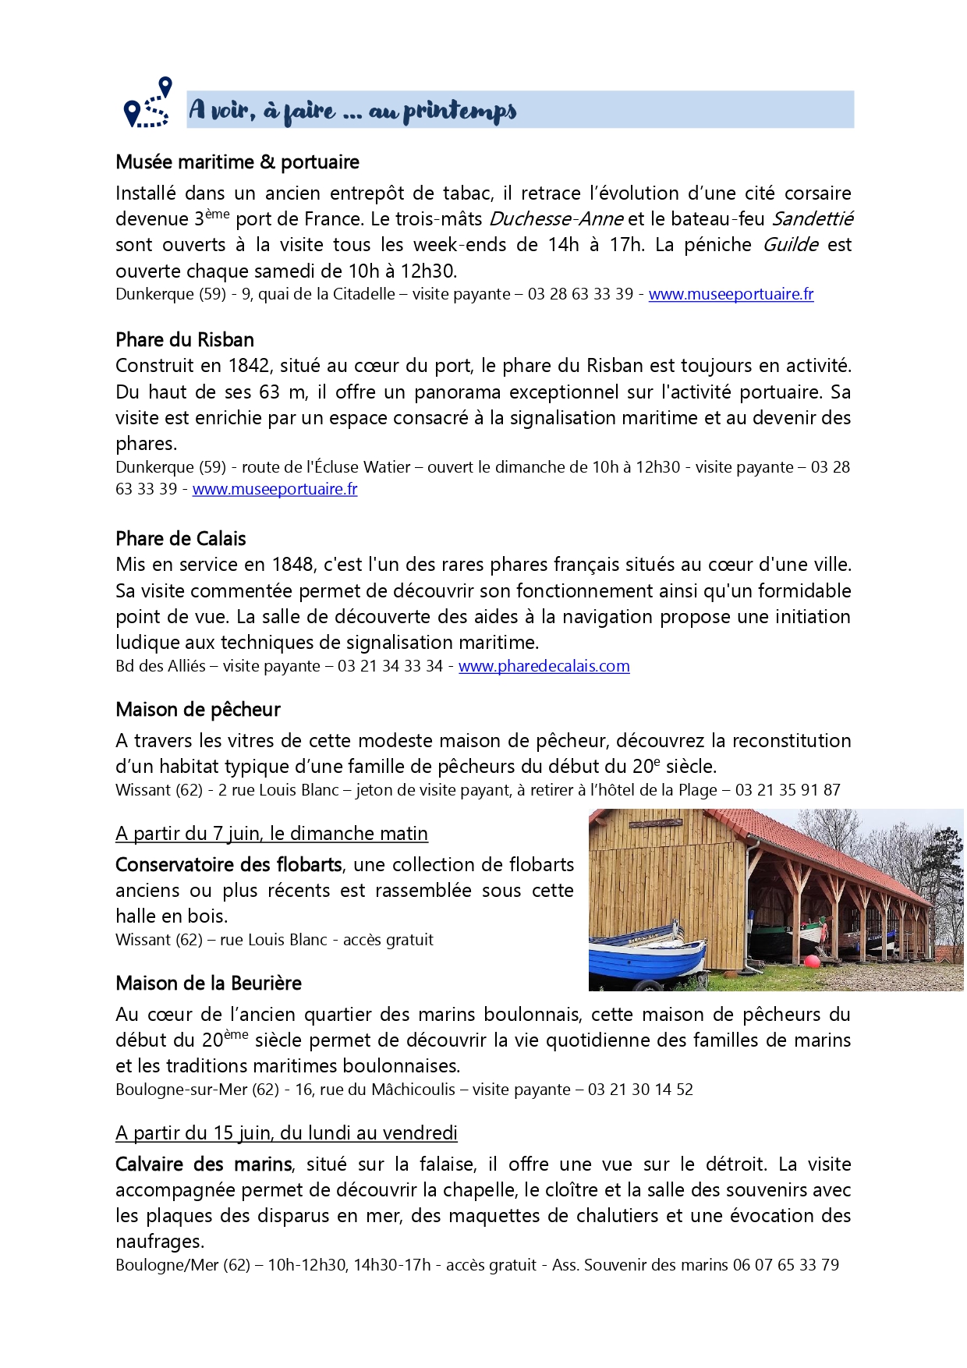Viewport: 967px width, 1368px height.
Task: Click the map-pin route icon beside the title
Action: click(147, 104)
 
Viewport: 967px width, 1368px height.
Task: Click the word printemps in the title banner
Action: click(459, 112)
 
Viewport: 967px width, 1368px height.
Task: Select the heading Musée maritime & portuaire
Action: click(237, 162)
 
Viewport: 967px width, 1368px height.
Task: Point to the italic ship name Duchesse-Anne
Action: click(556, 219)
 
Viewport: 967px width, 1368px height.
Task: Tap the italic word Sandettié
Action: click(813, 219)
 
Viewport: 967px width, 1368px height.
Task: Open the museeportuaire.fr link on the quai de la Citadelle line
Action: click(731, 294)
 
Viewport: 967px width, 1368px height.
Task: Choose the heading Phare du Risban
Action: click(185, 340)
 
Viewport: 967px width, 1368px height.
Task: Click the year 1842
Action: click(249, 366)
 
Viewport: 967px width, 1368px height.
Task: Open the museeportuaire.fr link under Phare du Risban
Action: click(275, 489)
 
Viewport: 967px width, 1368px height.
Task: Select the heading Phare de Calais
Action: click(180, 539)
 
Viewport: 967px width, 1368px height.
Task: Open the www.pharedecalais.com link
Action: click(544, 666)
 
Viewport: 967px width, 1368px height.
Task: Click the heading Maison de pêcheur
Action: click(197, 710)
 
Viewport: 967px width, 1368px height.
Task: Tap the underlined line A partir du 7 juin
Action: click(271, 834)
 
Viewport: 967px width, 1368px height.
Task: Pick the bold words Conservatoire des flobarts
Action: click(228, 865)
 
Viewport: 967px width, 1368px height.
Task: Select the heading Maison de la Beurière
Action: click(208, 983)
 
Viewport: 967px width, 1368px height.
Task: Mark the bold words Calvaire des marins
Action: click(204, 1164)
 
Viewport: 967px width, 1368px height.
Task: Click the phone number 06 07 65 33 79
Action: click(785, 1265)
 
